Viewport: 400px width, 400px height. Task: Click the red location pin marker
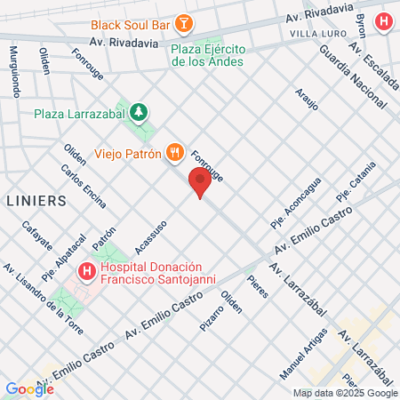(x=200, y=184)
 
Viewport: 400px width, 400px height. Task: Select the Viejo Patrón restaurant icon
(x=174, y=153)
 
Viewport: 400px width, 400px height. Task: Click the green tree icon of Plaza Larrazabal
(x=138, y=112)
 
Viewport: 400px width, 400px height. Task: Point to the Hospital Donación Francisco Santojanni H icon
(x=87, y=270)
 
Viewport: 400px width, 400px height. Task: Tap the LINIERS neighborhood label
(x=36, y=201)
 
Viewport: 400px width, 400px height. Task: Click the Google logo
(x=29, y=388)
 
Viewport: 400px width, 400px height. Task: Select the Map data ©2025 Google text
(x=345, y=393)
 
